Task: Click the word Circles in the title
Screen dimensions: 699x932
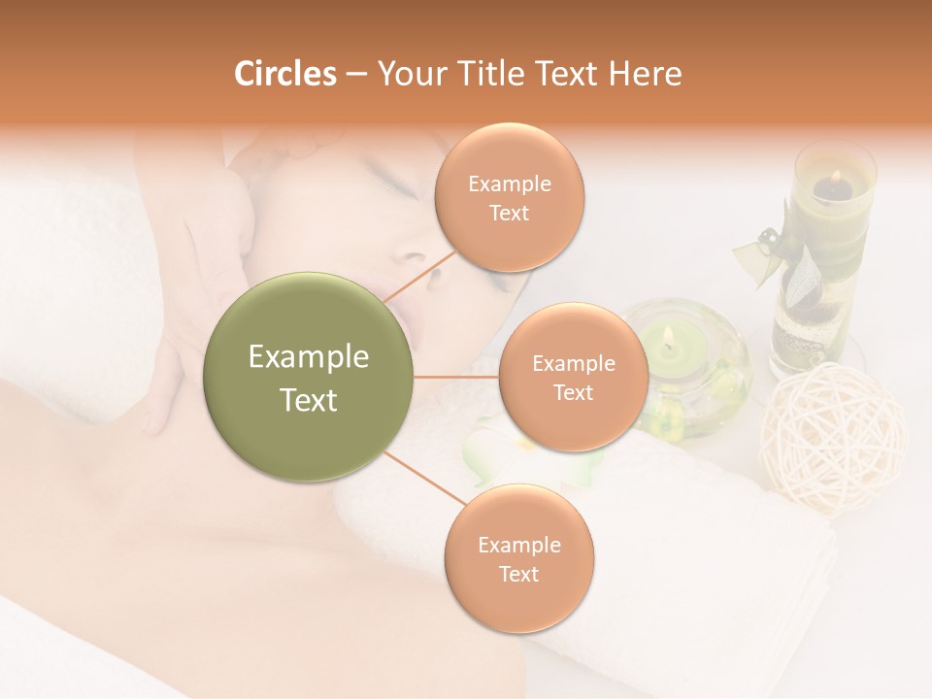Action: point(284,74)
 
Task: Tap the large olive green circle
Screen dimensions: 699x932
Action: point(309,378)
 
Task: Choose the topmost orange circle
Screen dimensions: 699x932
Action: point(510,198)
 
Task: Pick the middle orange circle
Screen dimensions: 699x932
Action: point(573,378)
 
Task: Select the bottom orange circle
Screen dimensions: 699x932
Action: point(518,559)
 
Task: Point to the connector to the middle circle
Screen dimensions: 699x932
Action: point(455,377)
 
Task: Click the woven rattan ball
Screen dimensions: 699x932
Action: point(833,437)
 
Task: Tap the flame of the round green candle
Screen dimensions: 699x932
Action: point(669,337)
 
